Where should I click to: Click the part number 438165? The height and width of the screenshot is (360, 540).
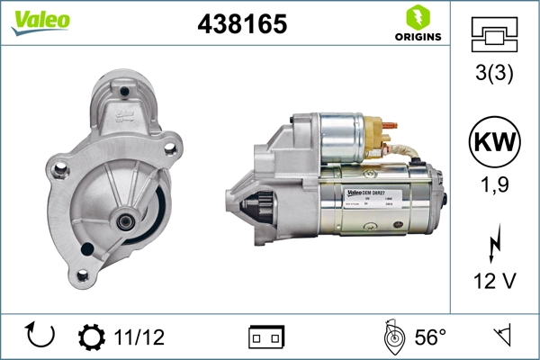click(241, 25)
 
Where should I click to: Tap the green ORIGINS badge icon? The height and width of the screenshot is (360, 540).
click(416, 16)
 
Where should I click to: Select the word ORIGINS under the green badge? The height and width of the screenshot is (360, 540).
click(417, 37)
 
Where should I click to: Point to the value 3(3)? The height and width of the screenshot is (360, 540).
click(495, 74)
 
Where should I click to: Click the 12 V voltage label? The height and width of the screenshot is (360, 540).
click(495, 282)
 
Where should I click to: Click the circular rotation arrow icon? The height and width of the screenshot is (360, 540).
click(40, 336)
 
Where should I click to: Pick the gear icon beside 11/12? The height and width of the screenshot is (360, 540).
click(91, 337)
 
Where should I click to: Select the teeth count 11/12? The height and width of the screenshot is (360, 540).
click(139, 337)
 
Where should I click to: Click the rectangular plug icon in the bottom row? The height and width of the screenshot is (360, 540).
click(265, 337)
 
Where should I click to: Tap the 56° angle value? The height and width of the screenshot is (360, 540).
click(430, 337)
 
